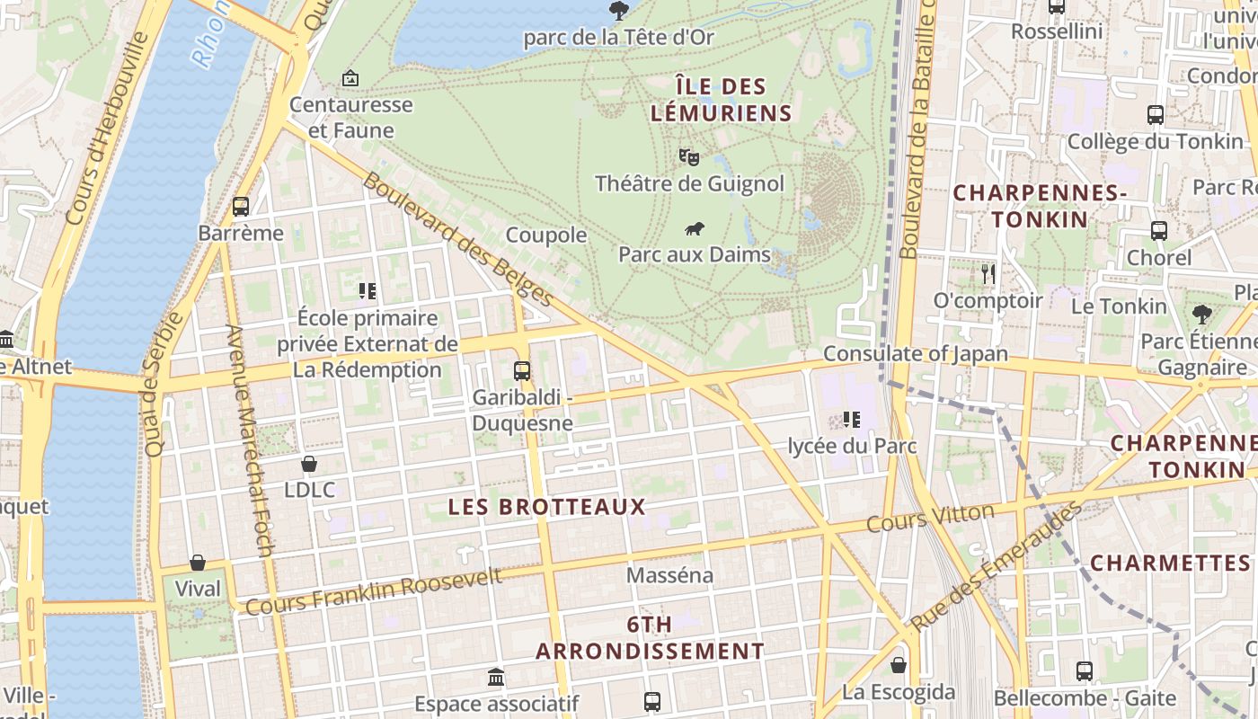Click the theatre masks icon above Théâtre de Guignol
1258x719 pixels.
(x=689, y=157)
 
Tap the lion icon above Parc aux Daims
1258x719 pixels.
(x=694, y=228)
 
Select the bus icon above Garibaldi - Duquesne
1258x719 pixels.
(x=522, y=370)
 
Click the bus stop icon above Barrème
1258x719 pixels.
(x=240, y=207)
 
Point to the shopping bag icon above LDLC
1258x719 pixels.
(x=309, y=464)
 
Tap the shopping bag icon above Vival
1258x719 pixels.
(x=198, y=563)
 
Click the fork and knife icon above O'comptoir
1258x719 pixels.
(x=988, y=273)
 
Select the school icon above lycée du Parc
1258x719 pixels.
(x=852, y=419)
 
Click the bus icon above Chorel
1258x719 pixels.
(x=1159, y=231)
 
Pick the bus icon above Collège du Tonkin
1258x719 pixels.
(x=1156, y=115)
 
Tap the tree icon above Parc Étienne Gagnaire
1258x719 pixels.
(x=1202, y=315)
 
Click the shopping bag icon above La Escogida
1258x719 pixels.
(x=899, y=666)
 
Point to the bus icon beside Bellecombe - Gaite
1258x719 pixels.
(x=1085, y=671)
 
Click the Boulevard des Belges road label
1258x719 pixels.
(x=457, y=239)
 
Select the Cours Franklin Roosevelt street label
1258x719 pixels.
(x=374, y=591)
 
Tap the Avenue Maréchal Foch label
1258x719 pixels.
(x=251, y=440)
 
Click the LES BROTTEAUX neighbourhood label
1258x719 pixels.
(x=546, y=507)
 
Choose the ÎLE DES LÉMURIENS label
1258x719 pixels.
(x=721, y=100)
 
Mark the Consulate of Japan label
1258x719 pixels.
(x=916, y=353)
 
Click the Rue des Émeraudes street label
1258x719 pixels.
(x=996, y=566)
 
